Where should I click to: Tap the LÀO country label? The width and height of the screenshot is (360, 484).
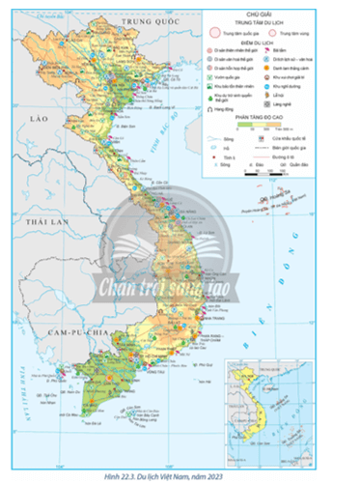[39, 117]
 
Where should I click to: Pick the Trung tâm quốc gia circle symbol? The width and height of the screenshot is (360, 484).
[213, 33]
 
